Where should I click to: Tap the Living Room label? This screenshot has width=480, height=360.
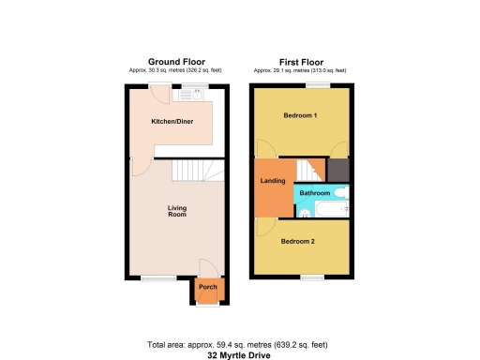pyautogui.click(x=177, y=211)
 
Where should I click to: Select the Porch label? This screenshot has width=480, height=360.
pyautogui.click(x=207, y=288)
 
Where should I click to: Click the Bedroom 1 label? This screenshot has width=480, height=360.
pyautogui.click(x=300, y=115)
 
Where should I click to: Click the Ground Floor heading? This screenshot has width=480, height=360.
pyautogui.click(x=176, y=62)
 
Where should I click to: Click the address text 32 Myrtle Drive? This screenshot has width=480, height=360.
pyautogui.click(x=239, y=354)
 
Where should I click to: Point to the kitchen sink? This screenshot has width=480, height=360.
pyautogui.click(x=198, y=94)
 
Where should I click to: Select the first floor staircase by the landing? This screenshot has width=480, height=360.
pyautogui.click(x=308, y=171)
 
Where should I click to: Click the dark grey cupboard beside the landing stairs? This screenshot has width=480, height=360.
pyautogui.click(x=337, y=170)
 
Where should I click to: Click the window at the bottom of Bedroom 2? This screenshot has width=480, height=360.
pyautogui.click(x=312, y=277)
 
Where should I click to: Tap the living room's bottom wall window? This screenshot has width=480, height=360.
pyautogui.click(x=158, y=277)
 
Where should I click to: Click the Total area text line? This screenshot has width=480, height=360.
pyautogui.click(x=239, y=345)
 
